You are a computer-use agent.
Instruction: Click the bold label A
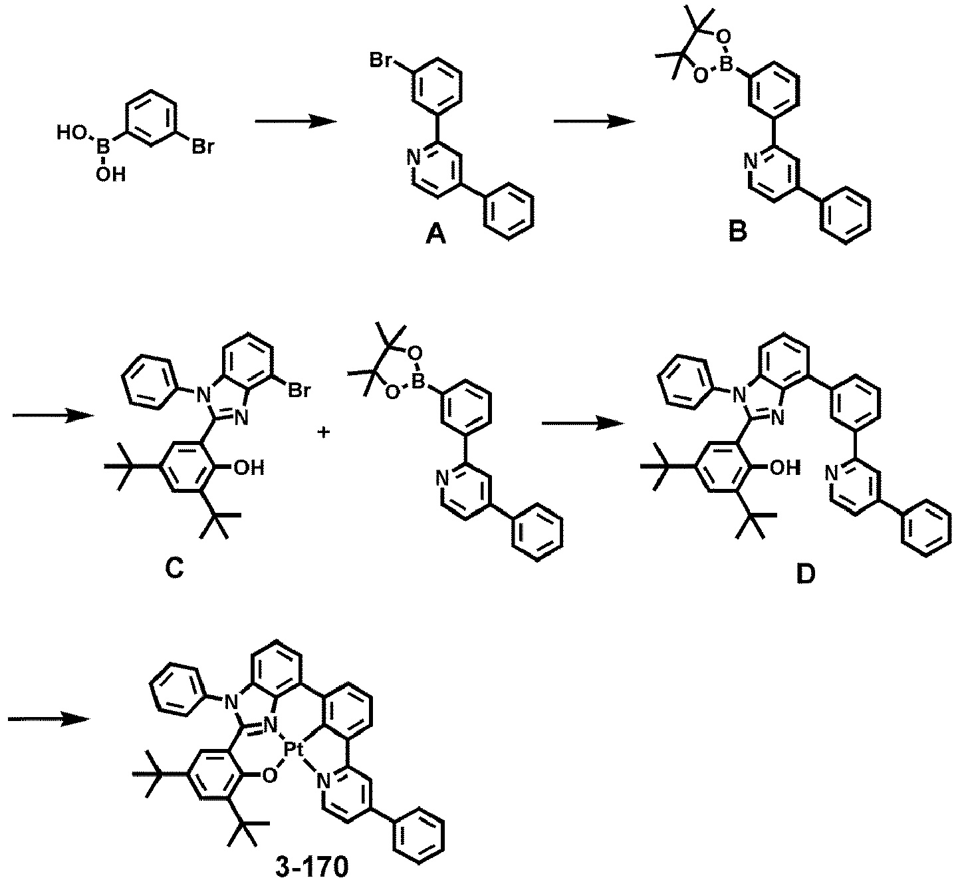[x=435, y=235]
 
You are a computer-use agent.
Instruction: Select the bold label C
[x=174, y=568]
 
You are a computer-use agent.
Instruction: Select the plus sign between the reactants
[x=324, y=432]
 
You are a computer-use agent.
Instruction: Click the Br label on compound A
[x=382, y=61]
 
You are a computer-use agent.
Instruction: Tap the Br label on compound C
[x=299, y=391]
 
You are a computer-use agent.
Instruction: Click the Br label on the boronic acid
[x=203, y=148]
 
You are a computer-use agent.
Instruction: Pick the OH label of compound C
[x=249, y=468]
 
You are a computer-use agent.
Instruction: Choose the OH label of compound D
[x=785, y=468]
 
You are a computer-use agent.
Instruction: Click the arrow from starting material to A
[x=296, y=122]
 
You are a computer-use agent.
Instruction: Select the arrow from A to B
[x=594, y=122]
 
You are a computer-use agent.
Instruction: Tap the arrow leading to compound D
[x=582, y=423]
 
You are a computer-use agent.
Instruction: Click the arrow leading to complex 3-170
[x=49, y=719]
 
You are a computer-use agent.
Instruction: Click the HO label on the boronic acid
[x=72, y=132]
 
